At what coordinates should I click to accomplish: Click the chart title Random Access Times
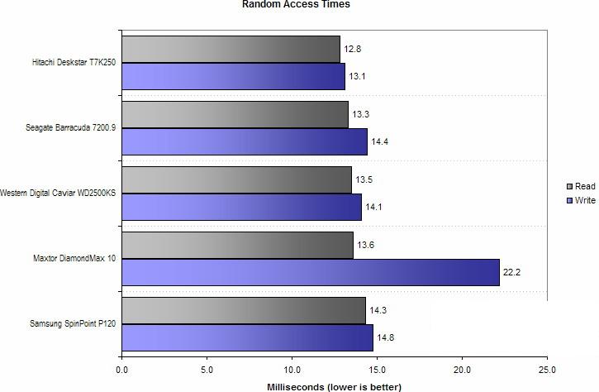(296, 5)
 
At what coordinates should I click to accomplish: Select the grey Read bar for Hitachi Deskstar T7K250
(231, 49)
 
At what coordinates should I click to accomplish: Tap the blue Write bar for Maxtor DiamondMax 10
(311, 272)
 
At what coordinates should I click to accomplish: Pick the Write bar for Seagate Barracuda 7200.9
(245, 141)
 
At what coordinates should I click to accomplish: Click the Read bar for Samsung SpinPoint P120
(244, 310)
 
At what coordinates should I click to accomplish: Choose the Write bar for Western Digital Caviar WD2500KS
(242, 207)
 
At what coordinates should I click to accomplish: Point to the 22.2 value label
(514, 272)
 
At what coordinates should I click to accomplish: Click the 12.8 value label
(353, 49)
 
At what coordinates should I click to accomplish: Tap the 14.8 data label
(386, 337)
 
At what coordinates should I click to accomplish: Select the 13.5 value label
(364, 179)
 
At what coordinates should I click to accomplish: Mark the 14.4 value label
(380, 142)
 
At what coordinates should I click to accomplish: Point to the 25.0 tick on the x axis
(547, 370)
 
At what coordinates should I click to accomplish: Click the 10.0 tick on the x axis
(292, 370)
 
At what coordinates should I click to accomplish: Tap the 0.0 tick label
(122, 370)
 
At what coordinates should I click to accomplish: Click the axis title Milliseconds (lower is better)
(335, 386)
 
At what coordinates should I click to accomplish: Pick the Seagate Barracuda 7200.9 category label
(72, 128)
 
